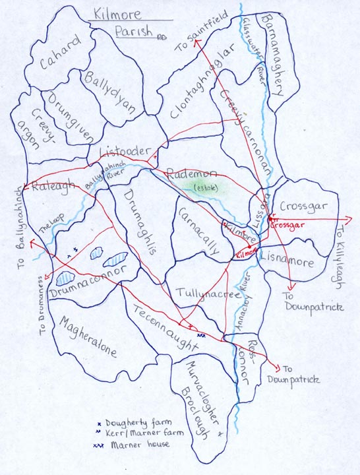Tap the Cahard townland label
(60, 52)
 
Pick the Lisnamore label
(290, 255)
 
